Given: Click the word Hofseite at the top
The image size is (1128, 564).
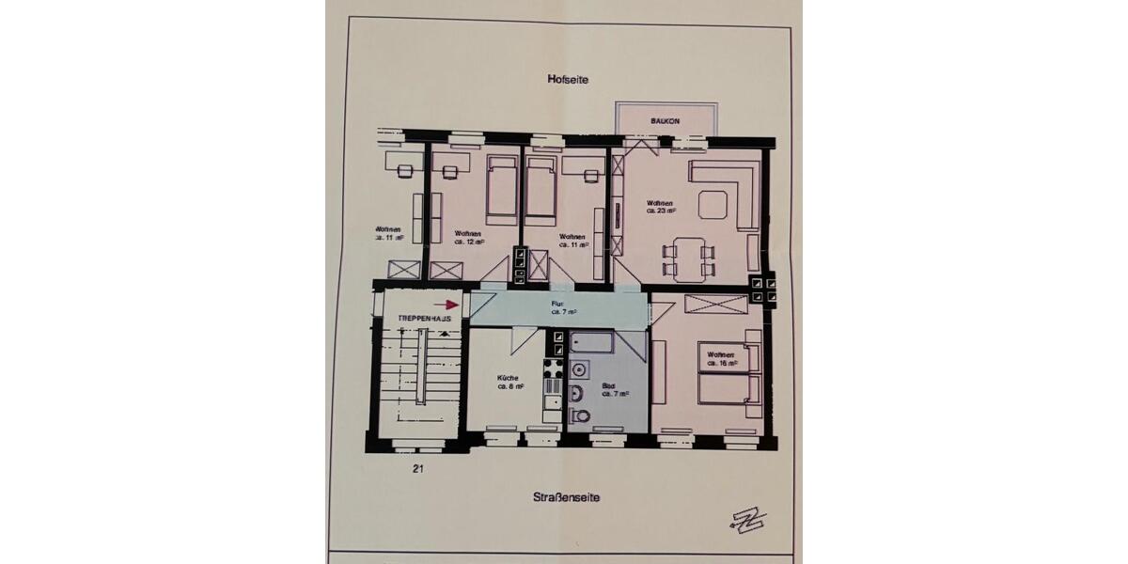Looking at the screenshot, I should [567, 81].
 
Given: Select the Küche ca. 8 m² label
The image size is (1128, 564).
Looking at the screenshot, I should [509, 381].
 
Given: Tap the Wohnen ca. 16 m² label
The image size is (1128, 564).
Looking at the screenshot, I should [720, 357].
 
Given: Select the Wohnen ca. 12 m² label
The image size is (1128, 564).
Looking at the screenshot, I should [468, 238].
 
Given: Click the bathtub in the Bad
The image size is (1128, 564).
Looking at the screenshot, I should [591, 341].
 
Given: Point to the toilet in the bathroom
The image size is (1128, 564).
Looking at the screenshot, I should [581, 415].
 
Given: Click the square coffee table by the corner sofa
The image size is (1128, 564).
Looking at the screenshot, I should [711, 202].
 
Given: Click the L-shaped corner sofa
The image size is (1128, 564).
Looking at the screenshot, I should [738, 188].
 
